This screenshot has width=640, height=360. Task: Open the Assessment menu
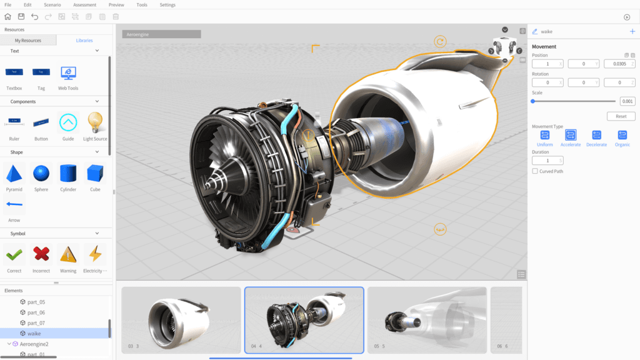[84, 5]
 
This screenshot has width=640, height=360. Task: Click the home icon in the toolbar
[7, 17]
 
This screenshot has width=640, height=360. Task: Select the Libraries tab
[84, 41]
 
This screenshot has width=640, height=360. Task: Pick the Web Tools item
[68, 74]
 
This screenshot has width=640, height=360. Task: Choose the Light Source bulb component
[95, 122]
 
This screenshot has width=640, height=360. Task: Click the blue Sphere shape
[41, 173]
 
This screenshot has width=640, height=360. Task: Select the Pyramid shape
[14, 174]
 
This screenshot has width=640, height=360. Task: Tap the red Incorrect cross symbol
[41, 254]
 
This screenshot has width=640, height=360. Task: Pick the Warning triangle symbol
[68, 254]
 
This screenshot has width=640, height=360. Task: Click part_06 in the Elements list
[36, 312]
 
